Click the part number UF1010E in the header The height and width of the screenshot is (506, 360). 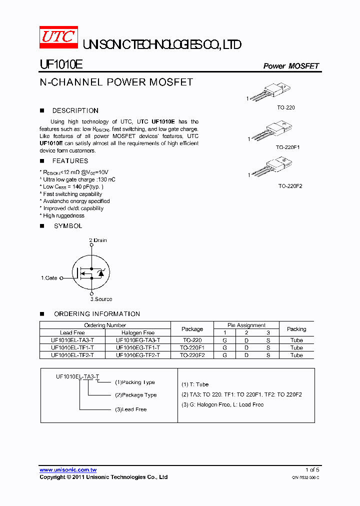coord(61,65)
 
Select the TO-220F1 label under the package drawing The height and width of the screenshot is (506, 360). coord(288,147)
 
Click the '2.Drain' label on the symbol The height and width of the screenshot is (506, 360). coord(98,240)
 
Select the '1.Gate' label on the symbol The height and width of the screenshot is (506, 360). coord(49,277)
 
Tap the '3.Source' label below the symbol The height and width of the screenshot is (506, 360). coord(101,299)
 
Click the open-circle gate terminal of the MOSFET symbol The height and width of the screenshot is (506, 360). coord(61,277)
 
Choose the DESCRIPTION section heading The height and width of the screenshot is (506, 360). coord(75,110)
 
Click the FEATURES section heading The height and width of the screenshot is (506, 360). coord(70,161)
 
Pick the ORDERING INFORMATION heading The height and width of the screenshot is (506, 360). coord(97,314)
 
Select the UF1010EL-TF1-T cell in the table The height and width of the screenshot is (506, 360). coord(72,347)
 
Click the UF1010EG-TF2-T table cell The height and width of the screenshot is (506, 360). coord(138,355)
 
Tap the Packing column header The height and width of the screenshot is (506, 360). coord(296,329)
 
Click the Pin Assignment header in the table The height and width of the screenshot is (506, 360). coord(247,325)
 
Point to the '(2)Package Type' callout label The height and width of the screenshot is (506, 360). coord(135,395)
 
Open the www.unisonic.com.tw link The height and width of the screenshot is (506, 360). coord(68,470)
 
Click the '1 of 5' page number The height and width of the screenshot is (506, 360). coord(312,470)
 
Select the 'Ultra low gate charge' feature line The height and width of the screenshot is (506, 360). coord(79,179)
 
